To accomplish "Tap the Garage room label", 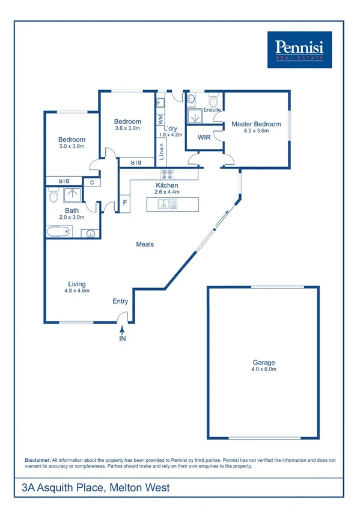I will click(264, 363).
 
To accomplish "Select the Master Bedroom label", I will click(256, 124).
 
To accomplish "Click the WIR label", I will click(204, 137).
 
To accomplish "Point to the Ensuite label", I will click(212, 110).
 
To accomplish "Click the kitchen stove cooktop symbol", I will click(167, 175).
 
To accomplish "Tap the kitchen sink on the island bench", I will click(167, 204).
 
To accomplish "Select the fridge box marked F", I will click(125, 203).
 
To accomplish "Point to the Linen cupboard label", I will click(161, 147).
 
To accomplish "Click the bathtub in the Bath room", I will click(59, 232).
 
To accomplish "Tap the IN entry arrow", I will click(123, 331).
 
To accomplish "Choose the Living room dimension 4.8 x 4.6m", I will click(77, 290).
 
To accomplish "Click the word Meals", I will click(145, 244).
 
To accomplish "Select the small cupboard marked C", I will click(92, 182).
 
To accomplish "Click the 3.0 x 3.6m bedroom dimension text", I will click(72, 146).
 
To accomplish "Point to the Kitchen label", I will click(166, 185).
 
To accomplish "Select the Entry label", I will click(120, 301).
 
